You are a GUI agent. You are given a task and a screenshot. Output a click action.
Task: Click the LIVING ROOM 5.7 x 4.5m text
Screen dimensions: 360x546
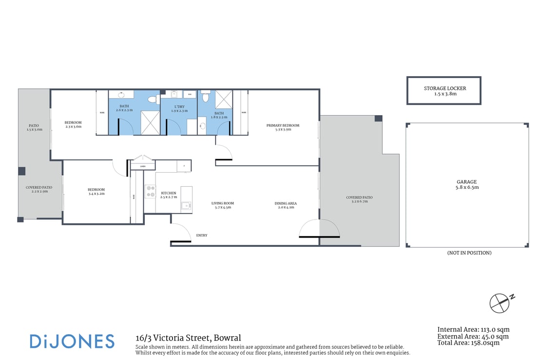222,205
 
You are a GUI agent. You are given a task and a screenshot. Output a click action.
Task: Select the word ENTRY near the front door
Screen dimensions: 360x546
202,235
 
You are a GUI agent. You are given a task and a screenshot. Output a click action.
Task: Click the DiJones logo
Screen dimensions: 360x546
72,341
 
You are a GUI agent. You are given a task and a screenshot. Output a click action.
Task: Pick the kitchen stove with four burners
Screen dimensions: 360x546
150,191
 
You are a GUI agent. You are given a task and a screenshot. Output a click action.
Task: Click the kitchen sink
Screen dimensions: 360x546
186,206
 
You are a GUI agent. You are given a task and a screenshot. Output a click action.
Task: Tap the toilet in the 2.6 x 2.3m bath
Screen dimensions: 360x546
153,100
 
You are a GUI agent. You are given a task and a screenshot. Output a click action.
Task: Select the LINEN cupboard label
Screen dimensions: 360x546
143,166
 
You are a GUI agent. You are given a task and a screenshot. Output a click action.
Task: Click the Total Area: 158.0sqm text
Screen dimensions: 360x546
468,343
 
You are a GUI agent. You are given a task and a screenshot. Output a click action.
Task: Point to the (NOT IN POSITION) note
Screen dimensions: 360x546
469,253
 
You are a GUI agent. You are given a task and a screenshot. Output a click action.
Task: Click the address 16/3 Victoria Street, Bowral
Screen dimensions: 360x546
188,338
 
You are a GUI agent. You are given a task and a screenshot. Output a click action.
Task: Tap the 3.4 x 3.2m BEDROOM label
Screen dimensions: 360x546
96,192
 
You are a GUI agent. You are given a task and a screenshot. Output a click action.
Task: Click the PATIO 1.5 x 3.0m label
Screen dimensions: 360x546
34,127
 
